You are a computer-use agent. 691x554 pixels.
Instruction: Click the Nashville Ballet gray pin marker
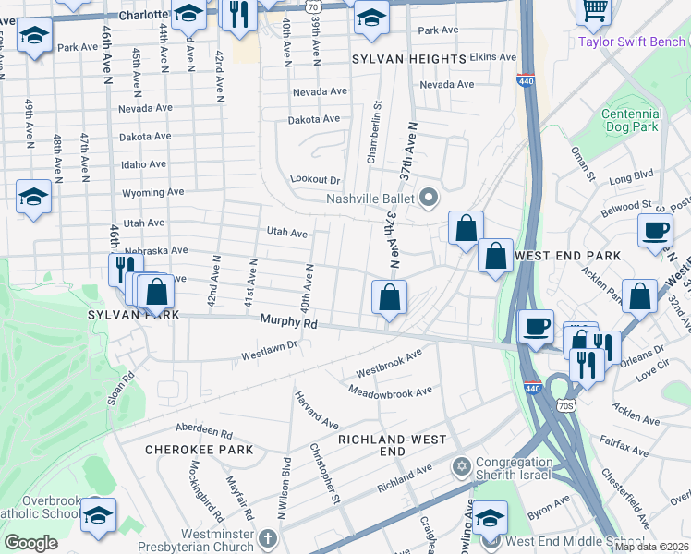click(x=428, y=197)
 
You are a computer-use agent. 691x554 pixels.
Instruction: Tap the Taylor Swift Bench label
click(x=632, y=41)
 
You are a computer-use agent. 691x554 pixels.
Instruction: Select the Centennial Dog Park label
click(x=631, y=120)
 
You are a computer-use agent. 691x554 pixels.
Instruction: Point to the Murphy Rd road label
click(x=288, y=323)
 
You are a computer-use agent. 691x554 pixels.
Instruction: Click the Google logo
click(x=30, y=543)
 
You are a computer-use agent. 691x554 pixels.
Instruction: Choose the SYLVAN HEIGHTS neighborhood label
click(x=408, y=59)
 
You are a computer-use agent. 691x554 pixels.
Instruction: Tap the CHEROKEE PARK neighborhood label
click(x=186, y=450)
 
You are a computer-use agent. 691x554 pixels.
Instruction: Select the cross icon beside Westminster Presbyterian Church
click(x=268, y=537)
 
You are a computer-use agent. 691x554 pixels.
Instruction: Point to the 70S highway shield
click(x=566, y=404)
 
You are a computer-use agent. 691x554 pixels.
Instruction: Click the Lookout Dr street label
click(x=315, y=180)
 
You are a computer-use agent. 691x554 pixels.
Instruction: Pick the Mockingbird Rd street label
click(x=200, y=487)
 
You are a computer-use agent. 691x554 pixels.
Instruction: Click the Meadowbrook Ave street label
click(x=390, y=391)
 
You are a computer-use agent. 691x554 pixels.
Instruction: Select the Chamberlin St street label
click(x=373, y=135)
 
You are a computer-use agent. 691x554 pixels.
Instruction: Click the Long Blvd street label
click(x=631, y=175)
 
